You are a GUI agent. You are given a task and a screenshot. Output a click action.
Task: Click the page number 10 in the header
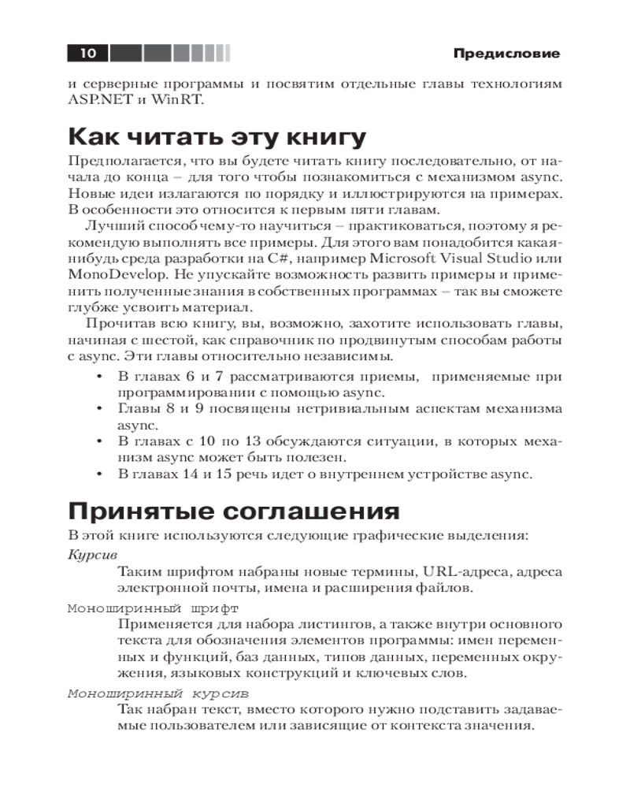point(87,54)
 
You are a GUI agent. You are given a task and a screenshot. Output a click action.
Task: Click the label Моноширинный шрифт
point(153,609)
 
